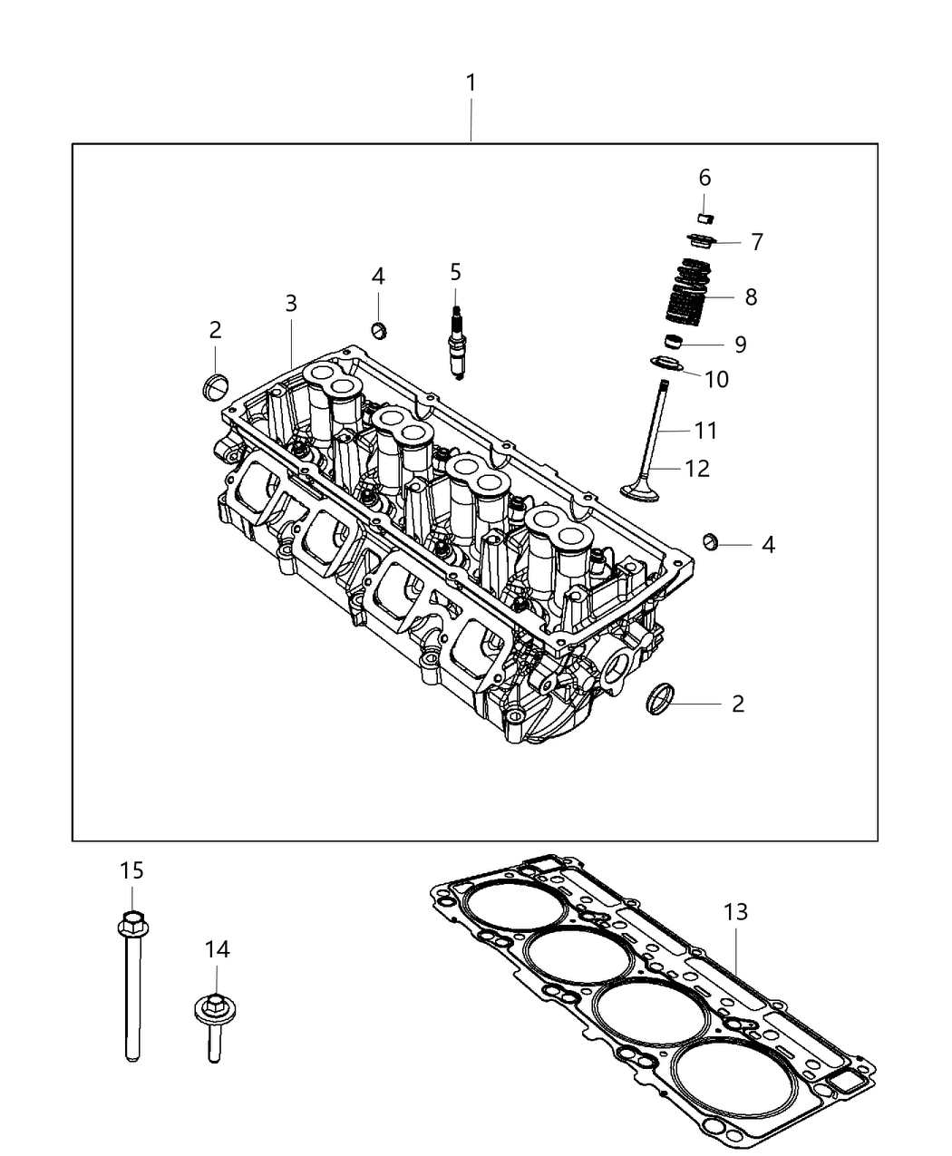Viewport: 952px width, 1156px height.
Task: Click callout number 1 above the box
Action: click(x=471, y=83)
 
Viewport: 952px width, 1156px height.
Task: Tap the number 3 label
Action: click(x=291, y=304)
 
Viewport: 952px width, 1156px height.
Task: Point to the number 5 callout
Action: click(x=455, y=271)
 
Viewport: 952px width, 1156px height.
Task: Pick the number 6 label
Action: click(x=704, y=178)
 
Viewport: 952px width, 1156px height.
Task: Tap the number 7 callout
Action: click(x=756, y=242)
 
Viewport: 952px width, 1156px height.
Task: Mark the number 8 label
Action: click(x=750, y=296)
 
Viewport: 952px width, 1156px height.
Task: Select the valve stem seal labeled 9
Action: click(x=673, y=343)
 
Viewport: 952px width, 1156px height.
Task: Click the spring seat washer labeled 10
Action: click(x=668, y=365)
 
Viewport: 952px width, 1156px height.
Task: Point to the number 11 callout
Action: click(x=705, y=431)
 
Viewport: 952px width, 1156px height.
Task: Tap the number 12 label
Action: click(x=697, y=469)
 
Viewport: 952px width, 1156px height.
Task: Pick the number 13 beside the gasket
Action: click(x=735, y=912)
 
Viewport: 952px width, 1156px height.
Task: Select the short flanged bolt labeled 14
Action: click(x=214, y=1025)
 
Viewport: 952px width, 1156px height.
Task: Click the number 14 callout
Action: click(x=217, y=949)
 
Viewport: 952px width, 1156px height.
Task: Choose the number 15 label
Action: click(x=131, y=870)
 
